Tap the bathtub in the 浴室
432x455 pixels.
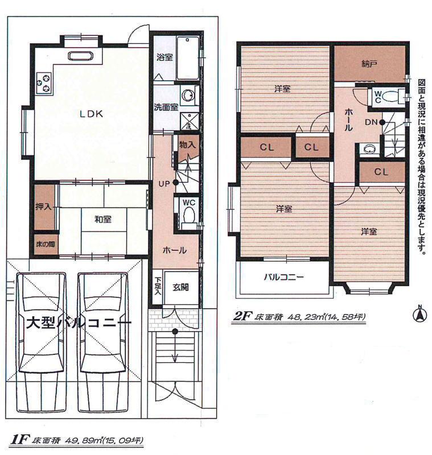tap(187, 59)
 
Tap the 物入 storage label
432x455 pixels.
tap(187, 144)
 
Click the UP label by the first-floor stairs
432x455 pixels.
tap(164, 183)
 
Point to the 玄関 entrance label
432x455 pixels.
tap(181, 288)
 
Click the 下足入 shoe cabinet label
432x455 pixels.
tap(158, 287)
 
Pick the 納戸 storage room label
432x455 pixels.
tap(369, 64)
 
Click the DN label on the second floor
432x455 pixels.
tap(370, 122)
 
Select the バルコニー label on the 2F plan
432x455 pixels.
tap(283, 278)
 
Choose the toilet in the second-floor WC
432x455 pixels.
tap(391, 96)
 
